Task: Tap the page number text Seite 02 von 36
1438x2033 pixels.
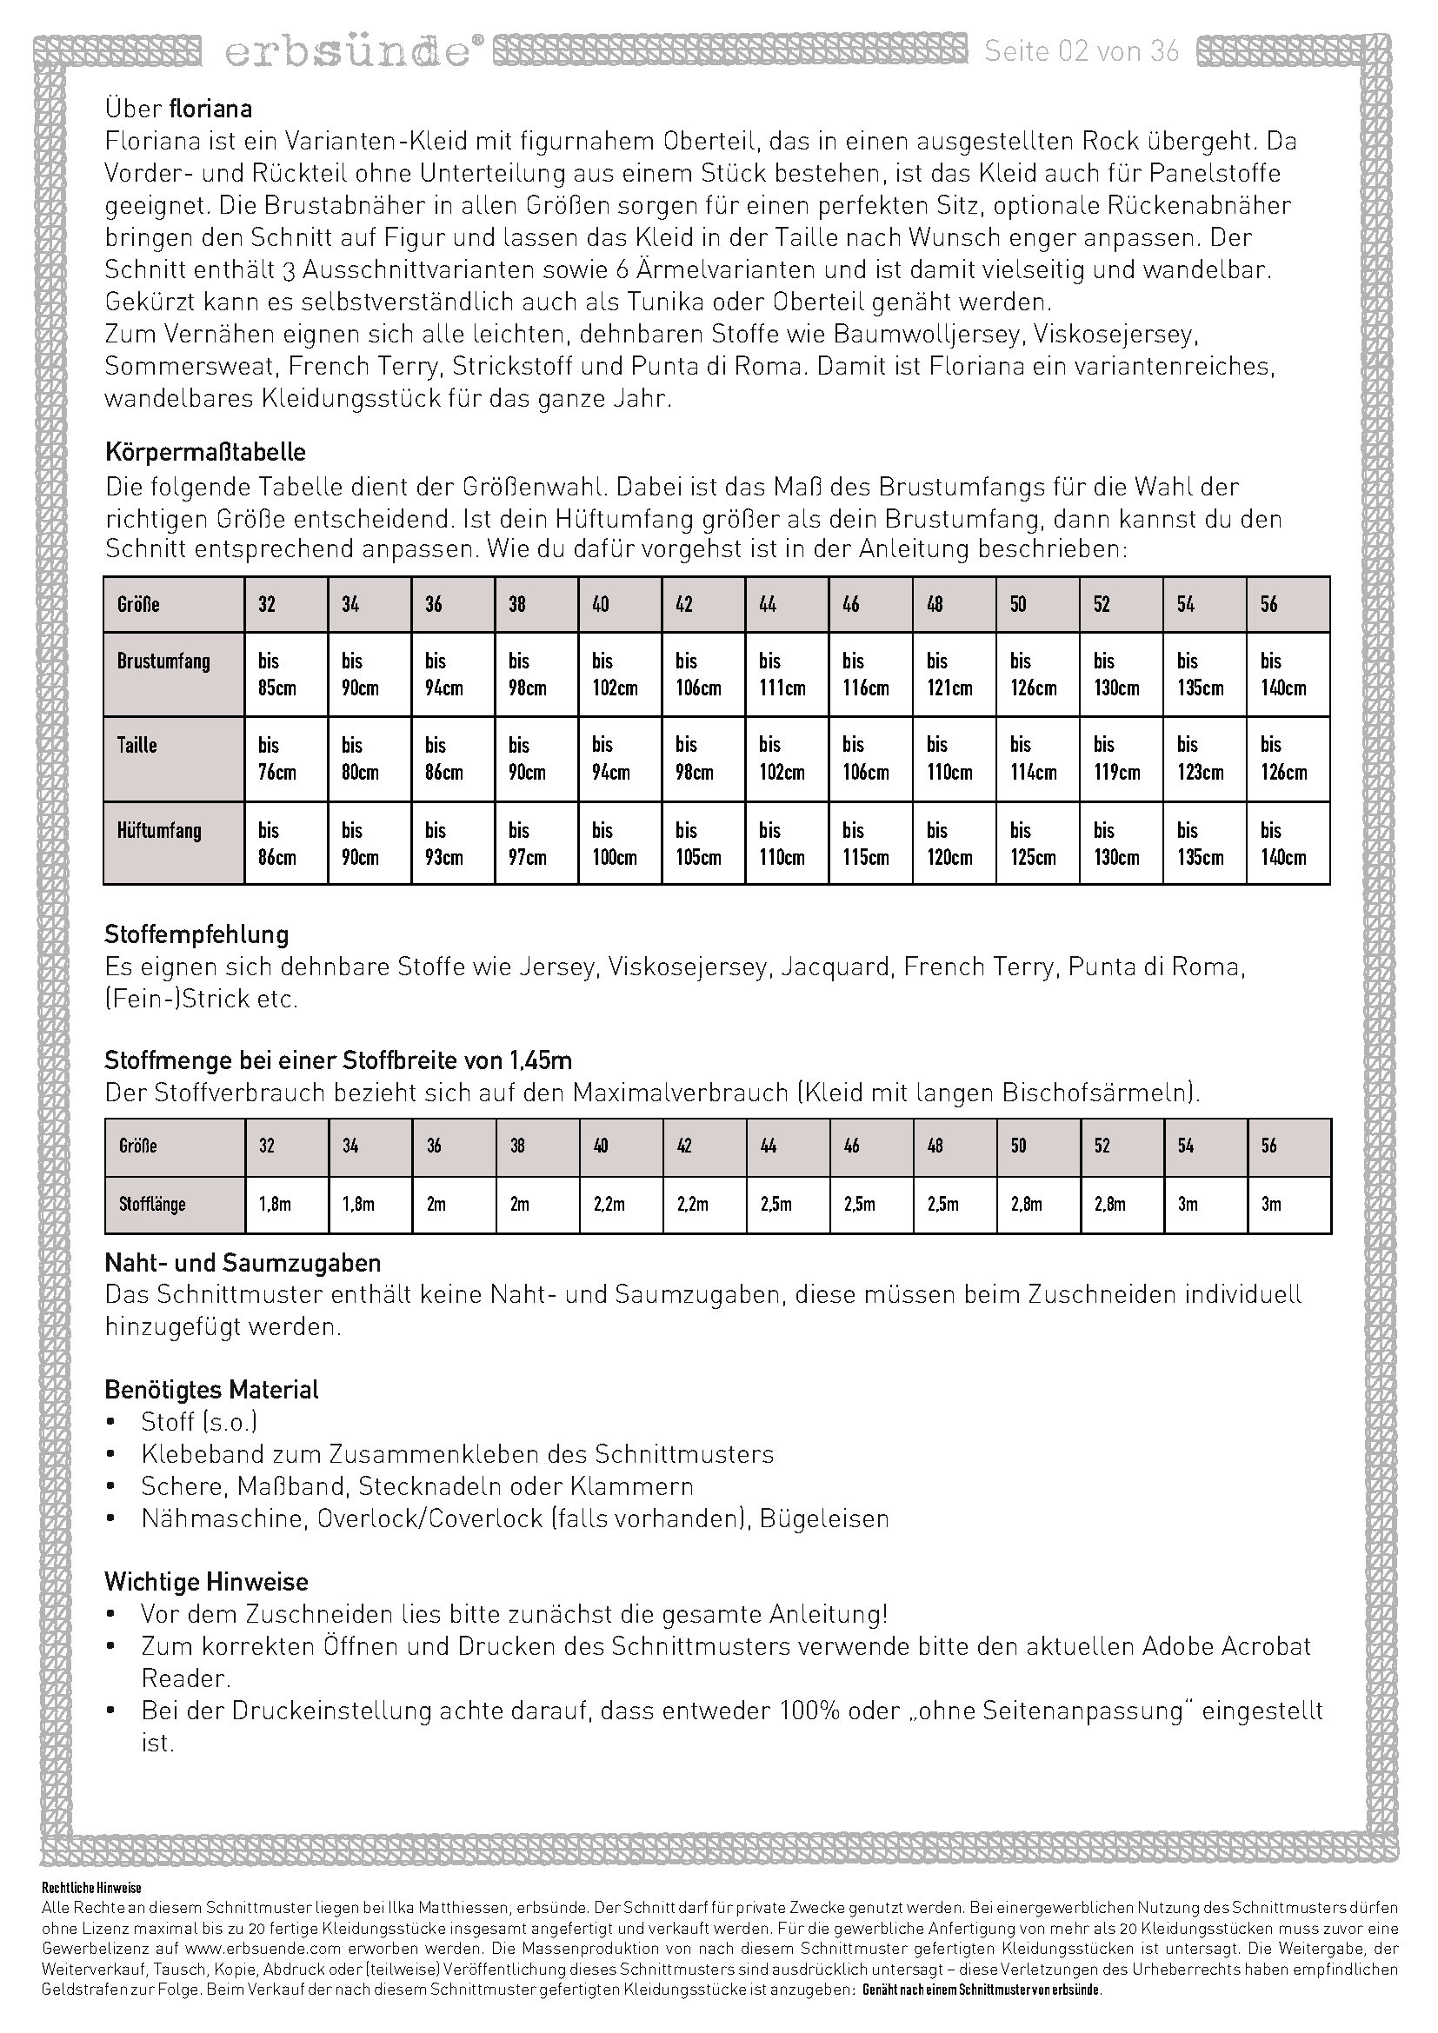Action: coord(1082,52)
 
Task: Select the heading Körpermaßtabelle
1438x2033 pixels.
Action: coord(205,453)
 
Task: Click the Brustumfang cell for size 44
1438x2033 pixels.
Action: coord(786,674)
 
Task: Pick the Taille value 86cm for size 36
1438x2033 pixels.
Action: coord(452,759)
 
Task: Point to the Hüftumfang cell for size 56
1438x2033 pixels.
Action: coord(1288,843)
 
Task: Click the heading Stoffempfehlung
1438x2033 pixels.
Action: coord(196,934)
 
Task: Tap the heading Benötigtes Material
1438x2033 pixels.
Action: coord(211,1389)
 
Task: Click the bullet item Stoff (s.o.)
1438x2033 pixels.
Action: coord(199,1422)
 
